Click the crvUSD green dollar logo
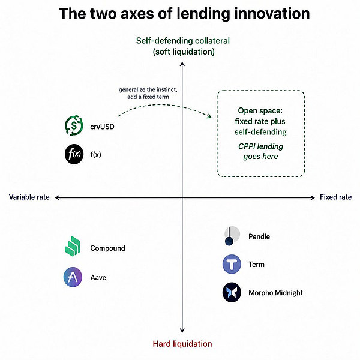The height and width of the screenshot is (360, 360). click(74, 125)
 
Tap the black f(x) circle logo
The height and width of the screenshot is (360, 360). click(74, 154)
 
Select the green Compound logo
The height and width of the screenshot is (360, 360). click(73, 246)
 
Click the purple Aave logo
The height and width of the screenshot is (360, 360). click(73, 277)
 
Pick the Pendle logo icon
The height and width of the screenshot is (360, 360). click(232, 236)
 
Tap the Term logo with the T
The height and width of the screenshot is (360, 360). click(232, 264)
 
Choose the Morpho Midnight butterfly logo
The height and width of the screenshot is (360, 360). click(232, 292)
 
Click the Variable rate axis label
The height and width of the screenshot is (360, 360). click(29, 197)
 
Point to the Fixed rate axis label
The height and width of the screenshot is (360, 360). click(335, 197)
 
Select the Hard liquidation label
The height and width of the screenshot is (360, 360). click(182, 344)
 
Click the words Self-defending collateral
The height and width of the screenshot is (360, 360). click(183, 41)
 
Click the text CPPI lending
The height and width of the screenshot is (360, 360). click(260, 146)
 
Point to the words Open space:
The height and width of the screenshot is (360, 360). click(260, 110)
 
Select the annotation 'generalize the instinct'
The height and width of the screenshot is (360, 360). click(148, 89)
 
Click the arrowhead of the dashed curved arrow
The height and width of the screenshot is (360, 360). click(209, 116)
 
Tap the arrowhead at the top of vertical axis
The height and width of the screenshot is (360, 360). click(182, 64)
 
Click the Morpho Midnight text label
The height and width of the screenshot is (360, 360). click(275, 293)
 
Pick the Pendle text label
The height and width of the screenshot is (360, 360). click(259, 236)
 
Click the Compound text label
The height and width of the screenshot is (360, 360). click(107, 248)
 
